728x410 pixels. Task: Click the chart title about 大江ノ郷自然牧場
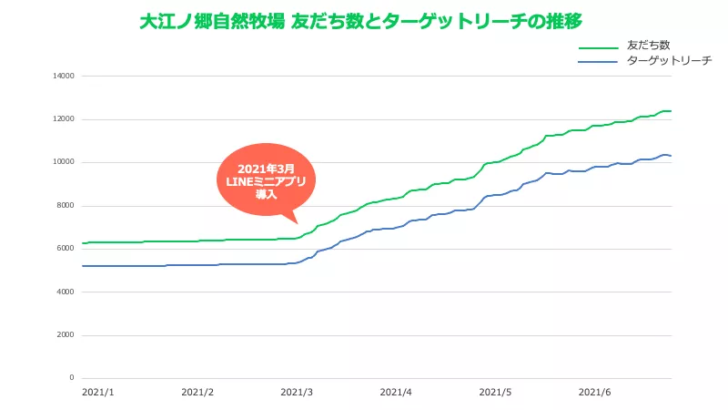[360, 21]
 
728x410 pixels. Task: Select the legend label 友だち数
[649, 45]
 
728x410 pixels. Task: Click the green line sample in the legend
[598, 46]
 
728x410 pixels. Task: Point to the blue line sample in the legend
[598, 62]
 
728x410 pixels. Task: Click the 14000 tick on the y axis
[63, 76]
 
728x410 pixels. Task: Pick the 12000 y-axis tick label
[63, 119]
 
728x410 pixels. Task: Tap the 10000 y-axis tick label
[63, 162]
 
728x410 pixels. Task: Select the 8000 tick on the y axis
[65, 205]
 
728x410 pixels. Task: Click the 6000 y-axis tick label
[65, 249]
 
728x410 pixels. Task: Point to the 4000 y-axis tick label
[65, 292]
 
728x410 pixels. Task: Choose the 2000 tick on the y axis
[65, 334]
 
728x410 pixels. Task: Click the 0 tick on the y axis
[70, 378]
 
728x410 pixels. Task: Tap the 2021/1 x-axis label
[97, 393]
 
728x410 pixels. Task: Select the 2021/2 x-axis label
[197, 393]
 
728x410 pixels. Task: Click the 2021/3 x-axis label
[297, 393]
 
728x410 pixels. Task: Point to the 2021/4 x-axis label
[396, 393]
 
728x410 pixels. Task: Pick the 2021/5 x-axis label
[495, 393]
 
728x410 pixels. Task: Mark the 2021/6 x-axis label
[594, 393]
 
